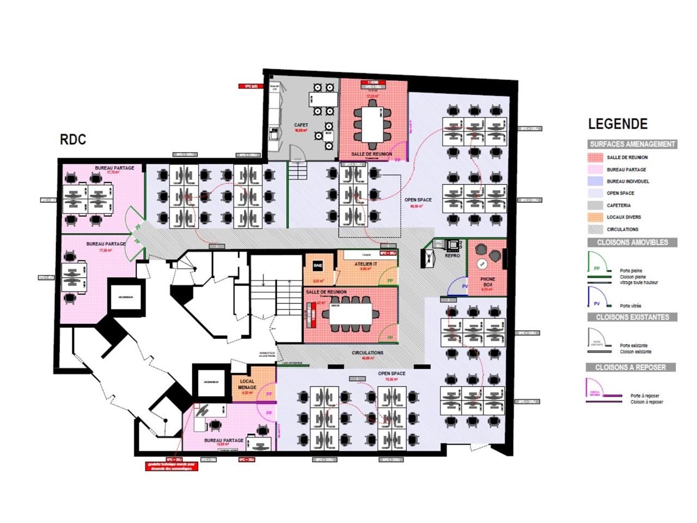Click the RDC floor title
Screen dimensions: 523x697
73,139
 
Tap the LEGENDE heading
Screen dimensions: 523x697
617,124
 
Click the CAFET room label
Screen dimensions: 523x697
301,125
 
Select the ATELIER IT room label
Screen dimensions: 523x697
365,264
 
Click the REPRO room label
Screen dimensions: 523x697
452,256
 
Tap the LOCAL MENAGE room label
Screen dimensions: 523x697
247,385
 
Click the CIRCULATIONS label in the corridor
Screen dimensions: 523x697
368,352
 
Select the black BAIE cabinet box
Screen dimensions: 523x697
317,265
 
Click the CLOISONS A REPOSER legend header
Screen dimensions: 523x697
631,368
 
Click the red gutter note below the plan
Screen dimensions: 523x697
172,466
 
